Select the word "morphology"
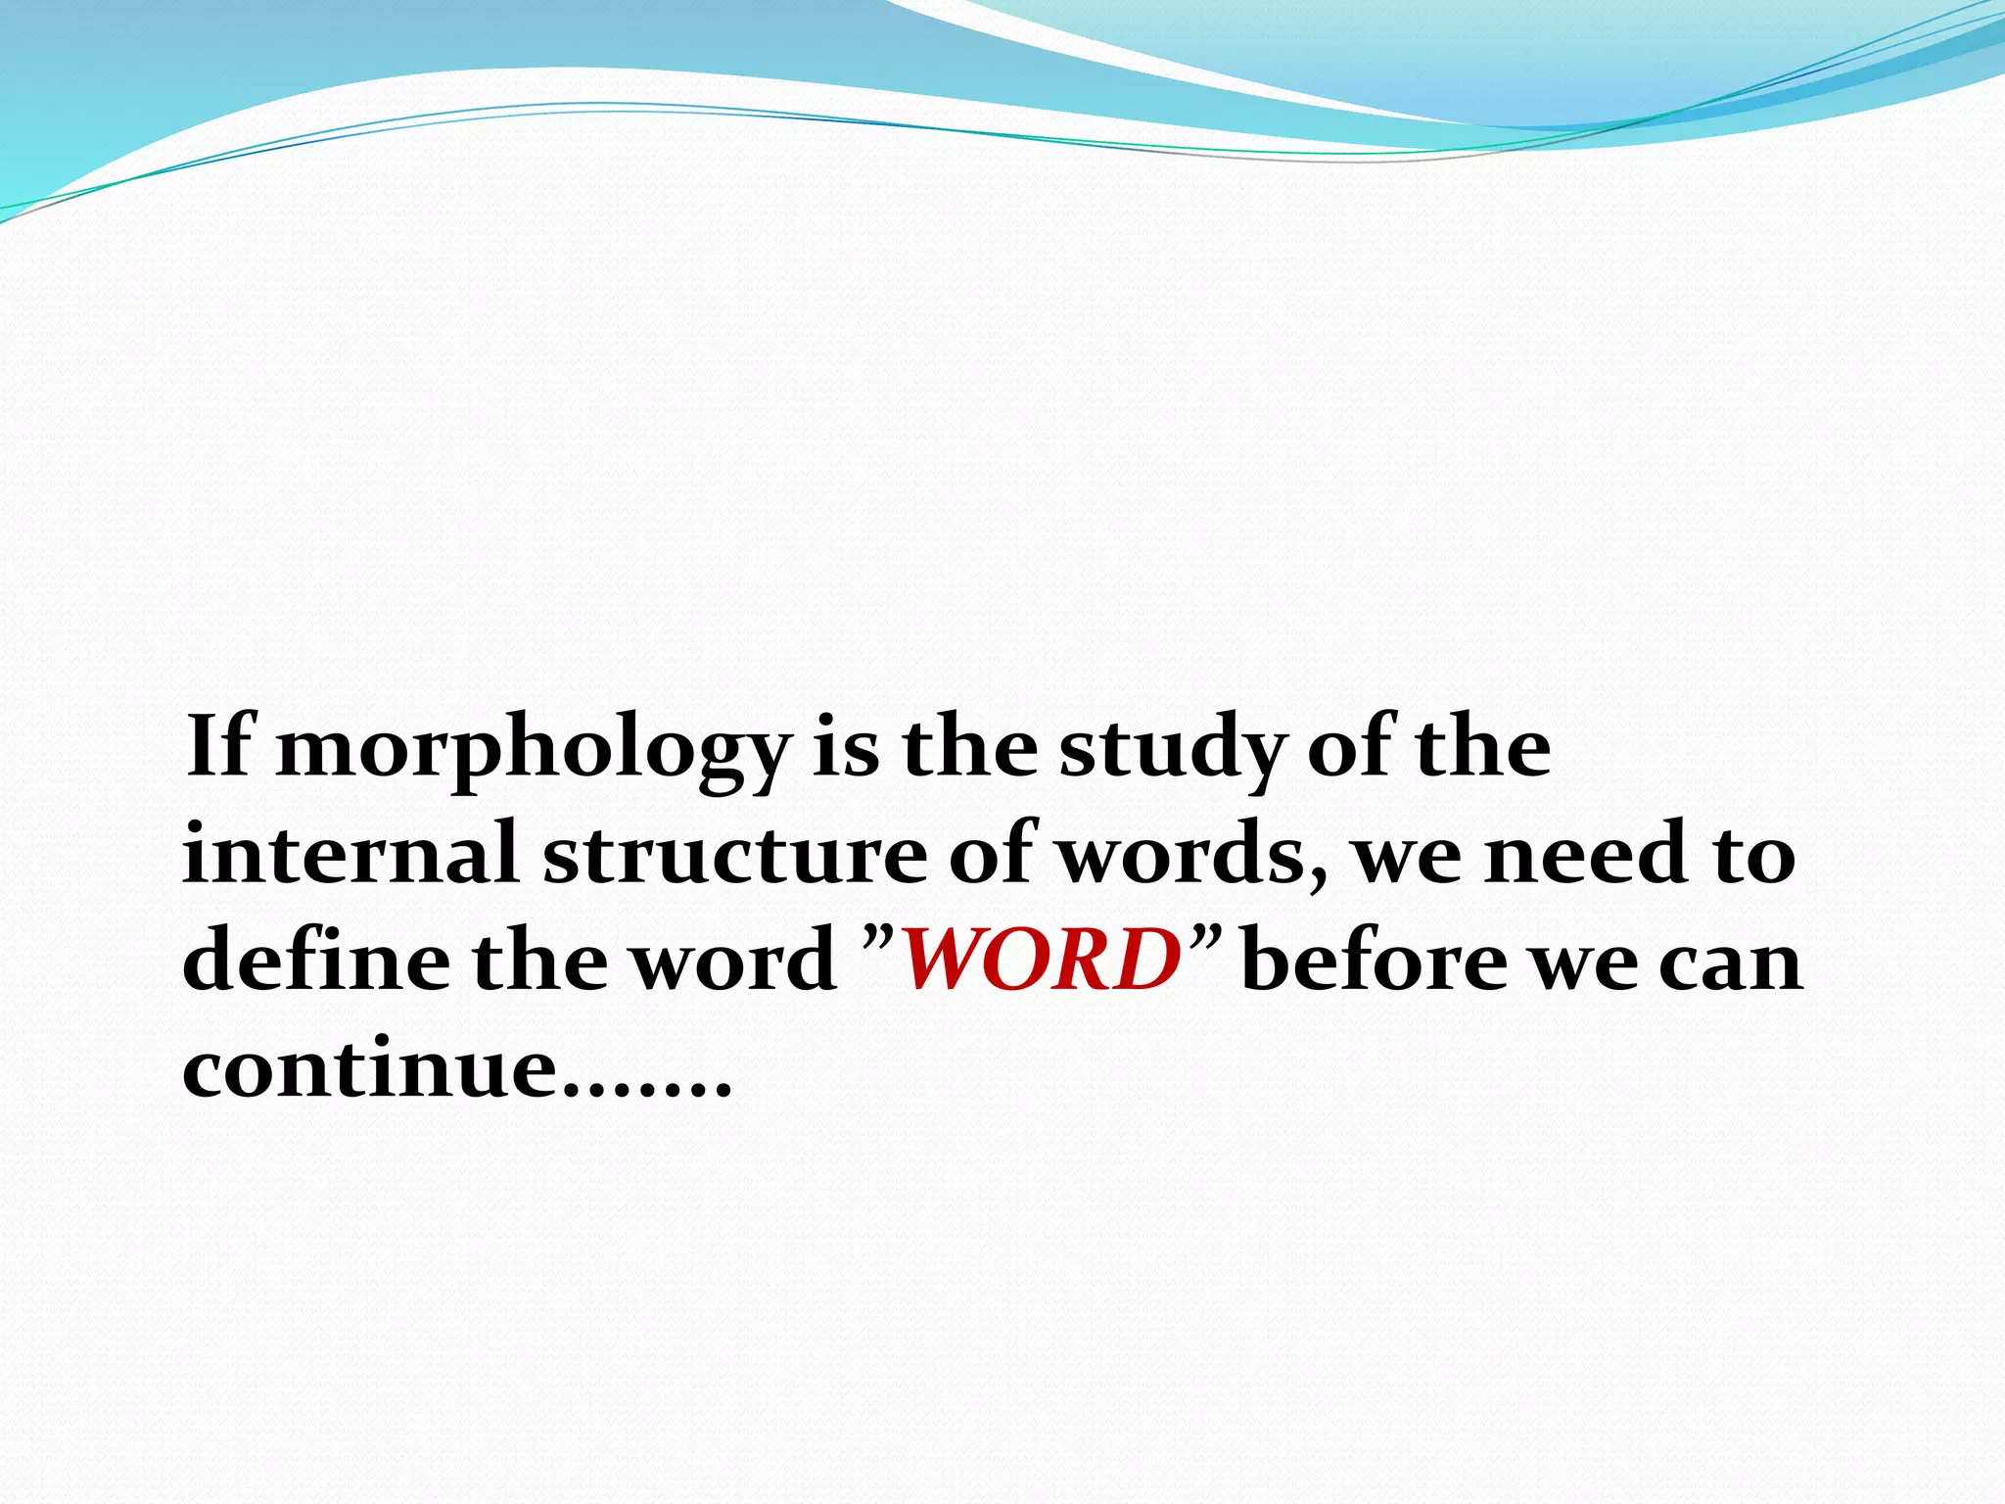(x=532, y=752)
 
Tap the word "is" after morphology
(x=845, y=748)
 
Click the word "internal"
(x=350, y=853)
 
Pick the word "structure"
(x=734, y=855)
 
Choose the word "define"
(x=314, y=960)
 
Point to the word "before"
(x=1375, y=960)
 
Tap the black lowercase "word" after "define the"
(x=732, y=961)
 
